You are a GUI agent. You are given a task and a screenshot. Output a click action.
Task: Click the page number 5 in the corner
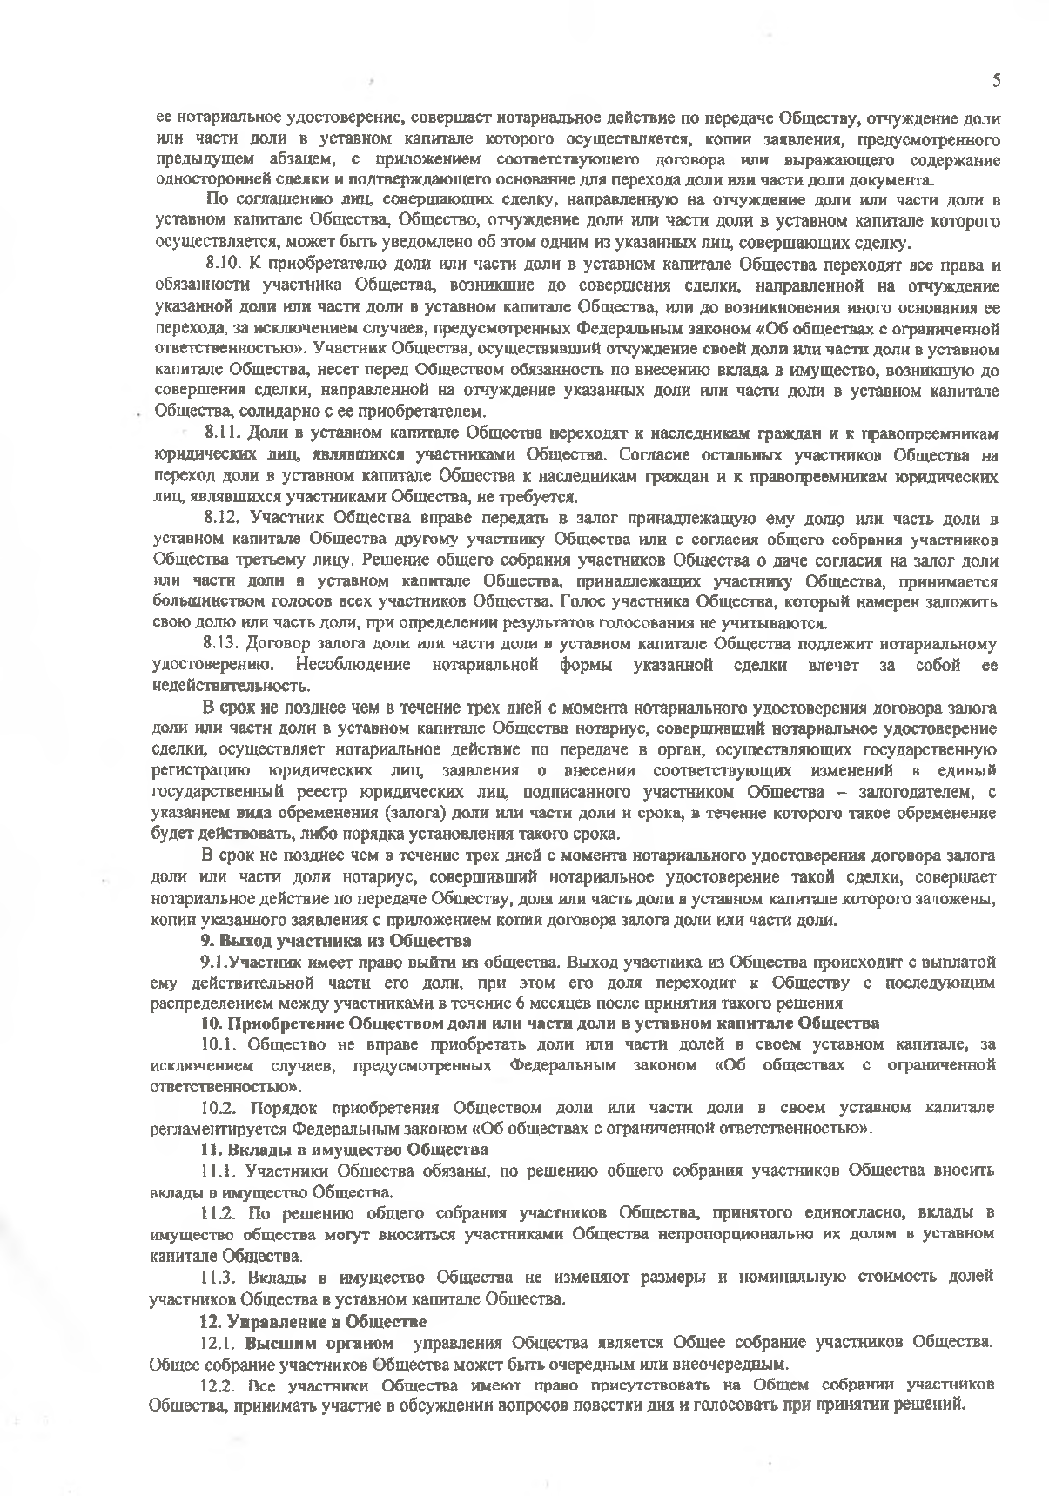click(996, 81)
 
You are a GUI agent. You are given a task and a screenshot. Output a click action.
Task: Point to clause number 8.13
click(220, 645)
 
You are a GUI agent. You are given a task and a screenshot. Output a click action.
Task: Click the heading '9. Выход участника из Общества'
click(336, 941)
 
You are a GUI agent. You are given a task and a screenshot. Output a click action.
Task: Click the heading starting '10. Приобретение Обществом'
click(540, 1023)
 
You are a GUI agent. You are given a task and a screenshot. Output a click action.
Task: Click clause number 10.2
click(219, 1108)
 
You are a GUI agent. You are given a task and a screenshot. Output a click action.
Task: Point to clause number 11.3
click(219, 1278)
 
